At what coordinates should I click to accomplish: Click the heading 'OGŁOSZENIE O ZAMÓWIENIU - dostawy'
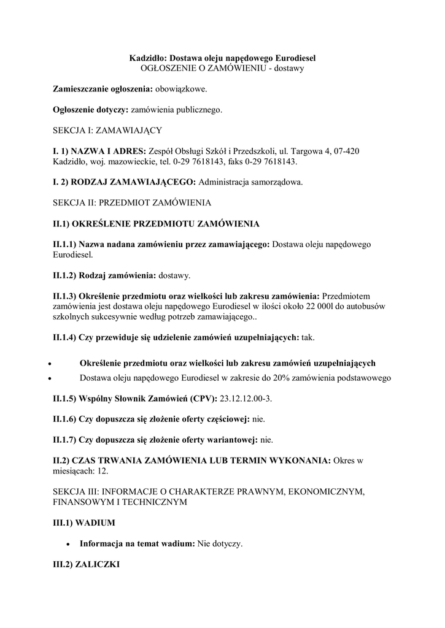(x=222, y=69)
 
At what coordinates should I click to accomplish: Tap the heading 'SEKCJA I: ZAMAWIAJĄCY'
(x=107, y=131)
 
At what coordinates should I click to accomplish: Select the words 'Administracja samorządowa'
(x=250, y=182)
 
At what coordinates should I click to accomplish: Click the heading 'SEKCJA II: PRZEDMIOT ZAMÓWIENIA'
(x=132, y=202)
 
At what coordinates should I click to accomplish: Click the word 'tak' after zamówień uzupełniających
(x=307, y=337)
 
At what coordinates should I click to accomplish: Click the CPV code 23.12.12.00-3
(x=245, y=399)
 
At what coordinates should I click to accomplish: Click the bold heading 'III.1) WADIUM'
(x=83, y=523)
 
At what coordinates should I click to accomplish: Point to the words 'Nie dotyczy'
(x=219, y=543)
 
